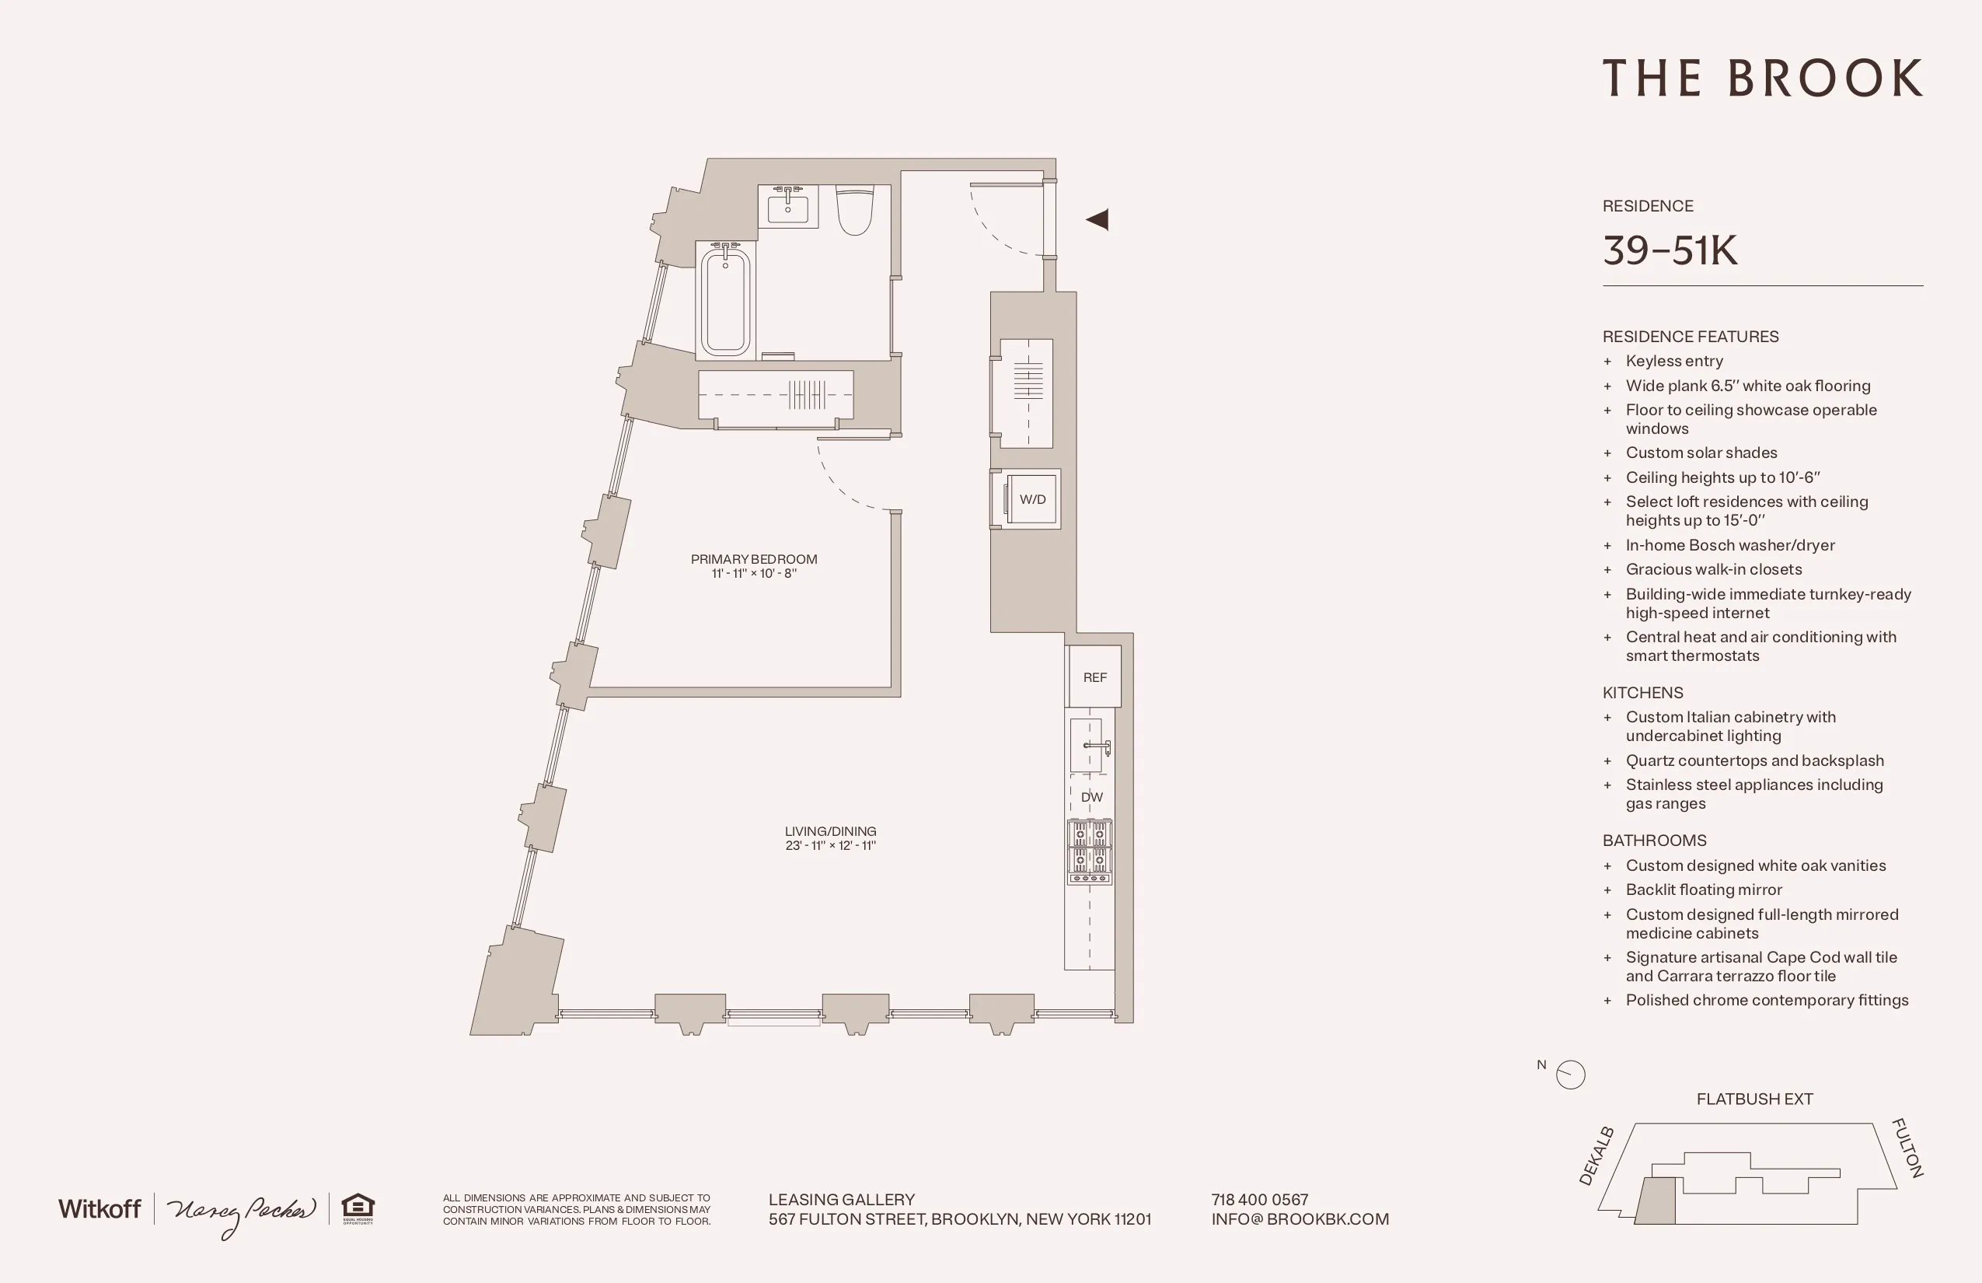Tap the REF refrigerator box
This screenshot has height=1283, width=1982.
pos(1094,677)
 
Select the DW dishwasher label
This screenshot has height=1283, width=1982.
pos(1091,797)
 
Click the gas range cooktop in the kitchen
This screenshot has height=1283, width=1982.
pos(1089,851)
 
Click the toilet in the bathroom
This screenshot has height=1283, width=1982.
pos(854,210)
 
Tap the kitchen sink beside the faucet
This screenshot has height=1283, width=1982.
pos(1085,745)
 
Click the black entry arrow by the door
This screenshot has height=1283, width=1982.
pos(1097,219)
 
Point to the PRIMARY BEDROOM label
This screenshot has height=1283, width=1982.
pos(754,559)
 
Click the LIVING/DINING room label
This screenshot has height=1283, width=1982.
pos(830,831)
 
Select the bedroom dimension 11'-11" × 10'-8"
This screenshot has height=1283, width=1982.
pos(754,573)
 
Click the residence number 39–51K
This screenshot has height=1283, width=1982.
pos(1670,250)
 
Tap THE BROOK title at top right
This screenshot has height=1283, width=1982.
pos(1762,79)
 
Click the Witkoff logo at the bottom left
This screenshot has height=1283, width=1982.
pos(99,1209)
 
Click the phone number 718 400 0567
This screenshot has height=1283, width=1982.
pos(1259,1200)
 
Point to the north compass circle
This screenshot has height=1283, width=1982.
pos(1571,1074)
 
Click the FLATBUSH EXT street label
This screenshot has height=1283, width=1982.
pos(1753,1099)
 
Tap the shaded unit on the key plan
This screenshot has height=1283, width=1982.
pos(1656,1202)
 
